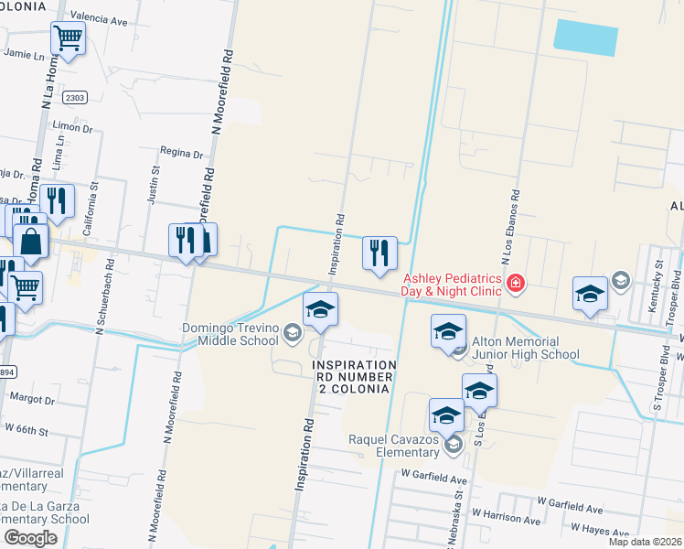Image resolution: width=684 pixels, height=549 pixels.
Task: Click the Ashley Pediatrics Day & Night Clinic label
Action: [x=452, y=285]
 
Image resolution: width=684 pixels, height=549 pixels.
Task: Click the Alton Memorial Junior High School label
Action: [x=526, y=347]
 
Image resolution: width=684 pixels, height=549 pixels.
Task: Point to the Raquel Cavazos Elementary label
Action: [x=394, y=446]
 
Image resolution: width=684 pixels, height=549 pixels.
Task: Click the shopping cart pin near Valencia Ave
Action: [x=68, y=38]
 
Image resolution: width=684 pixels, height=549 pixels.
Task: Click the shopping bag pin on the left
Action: [x=30, y=242]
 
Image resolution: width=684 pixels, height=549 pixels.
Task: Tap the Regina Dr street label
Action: [x=180, y=154]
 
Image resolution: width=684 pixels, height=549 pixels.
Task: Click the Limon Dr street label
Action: [x=73, y=129]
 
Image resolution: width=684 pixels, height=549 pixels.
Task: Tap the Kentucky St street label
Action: [x=658, y=286]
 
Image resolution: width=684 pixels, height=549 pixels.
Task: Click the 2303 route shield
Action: [x=76, y=98]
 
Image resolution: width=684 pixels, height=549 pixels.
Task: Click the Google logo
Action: [x=30, y=537]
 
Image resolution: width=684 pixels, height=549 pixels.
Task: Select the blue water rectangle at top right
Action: [x=585, y=37]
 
